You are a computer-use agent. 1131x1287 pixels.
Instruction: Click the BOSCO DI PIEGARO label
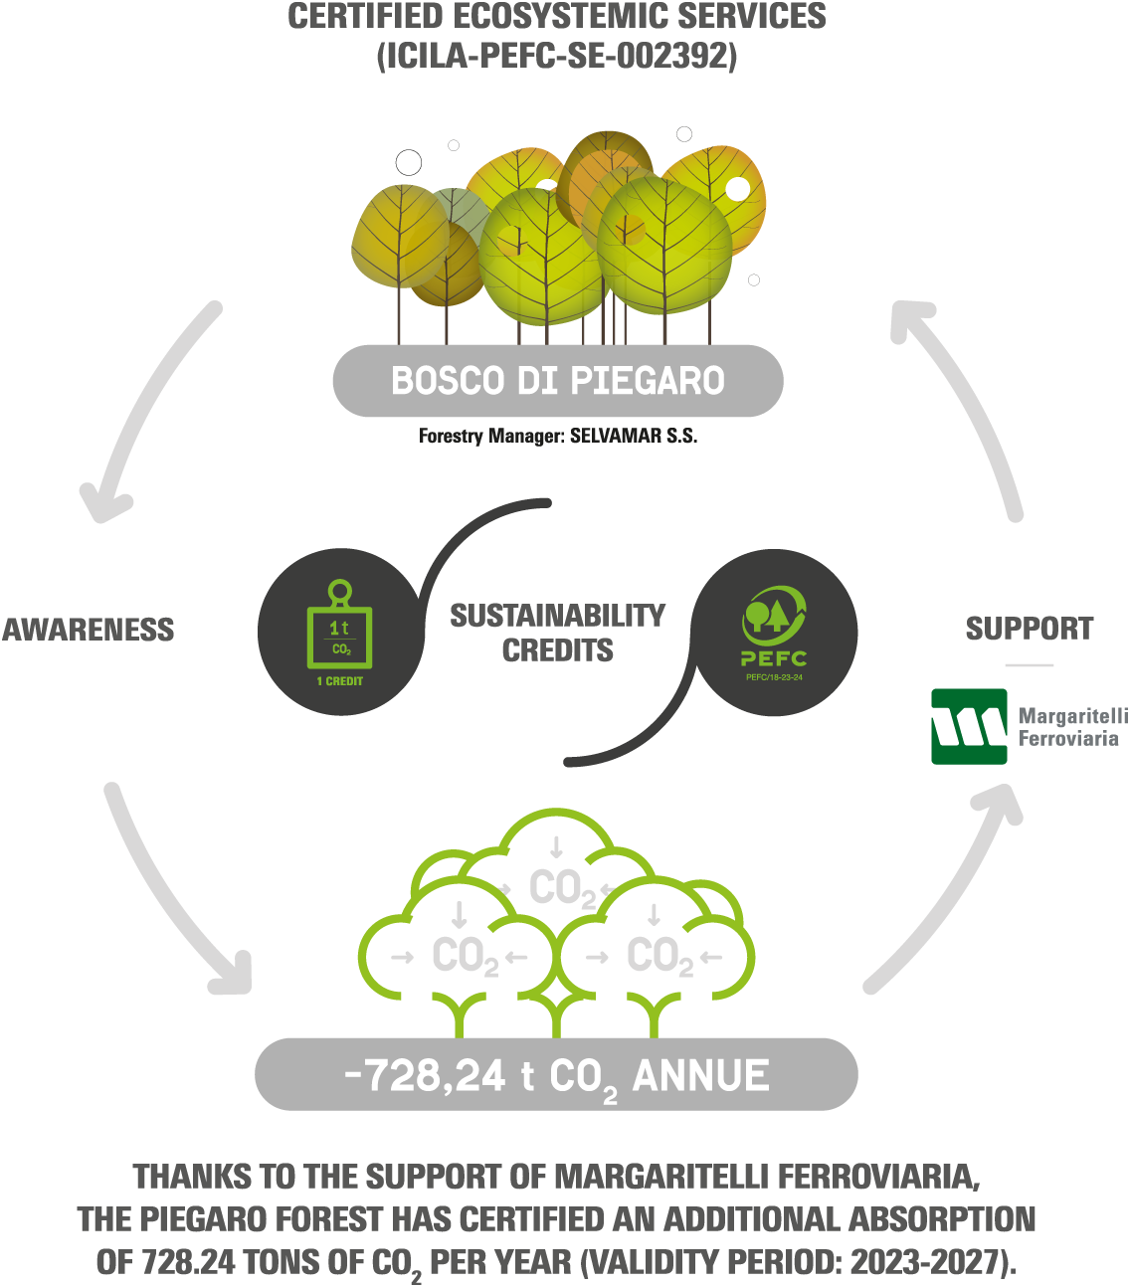557,381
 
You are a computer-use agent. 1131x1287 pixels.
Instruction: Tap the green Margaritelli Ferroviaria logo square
969,726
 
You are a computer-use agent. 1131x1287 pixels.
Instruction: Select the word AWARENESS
89,630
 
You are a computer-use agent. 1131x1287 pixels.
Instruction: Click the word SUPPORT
1029,629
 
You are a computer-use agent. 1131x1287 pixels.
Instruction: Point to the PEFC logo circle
774,633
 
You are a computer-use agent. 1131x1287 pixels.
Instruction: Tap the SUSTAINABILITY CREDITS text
557,633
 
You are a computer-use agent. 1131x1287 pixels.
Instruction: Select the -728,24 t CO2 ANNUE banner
556,1075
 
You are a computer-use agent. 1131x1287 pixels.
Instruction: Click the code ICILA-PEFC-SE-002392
557,56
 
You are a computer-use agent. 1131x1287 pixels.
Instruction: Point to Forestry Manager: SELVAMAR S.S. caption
557,436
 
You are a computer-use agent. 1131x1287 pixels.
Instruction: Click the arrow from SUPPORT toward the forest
965,398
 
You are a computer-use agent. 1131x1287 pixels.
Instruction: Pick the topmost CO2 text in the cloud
562,888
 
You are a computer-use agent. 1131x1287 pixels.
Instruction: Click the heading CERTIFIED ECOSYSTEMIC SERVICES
557,17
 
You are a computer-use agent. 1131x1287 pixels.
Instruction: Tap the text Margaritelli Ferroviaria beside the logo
1070,727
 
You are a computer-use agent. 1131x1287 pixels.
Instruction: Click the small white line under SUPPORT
1029,664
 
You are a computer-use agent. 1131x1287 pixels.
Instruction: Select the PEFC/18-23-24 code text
774,677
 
